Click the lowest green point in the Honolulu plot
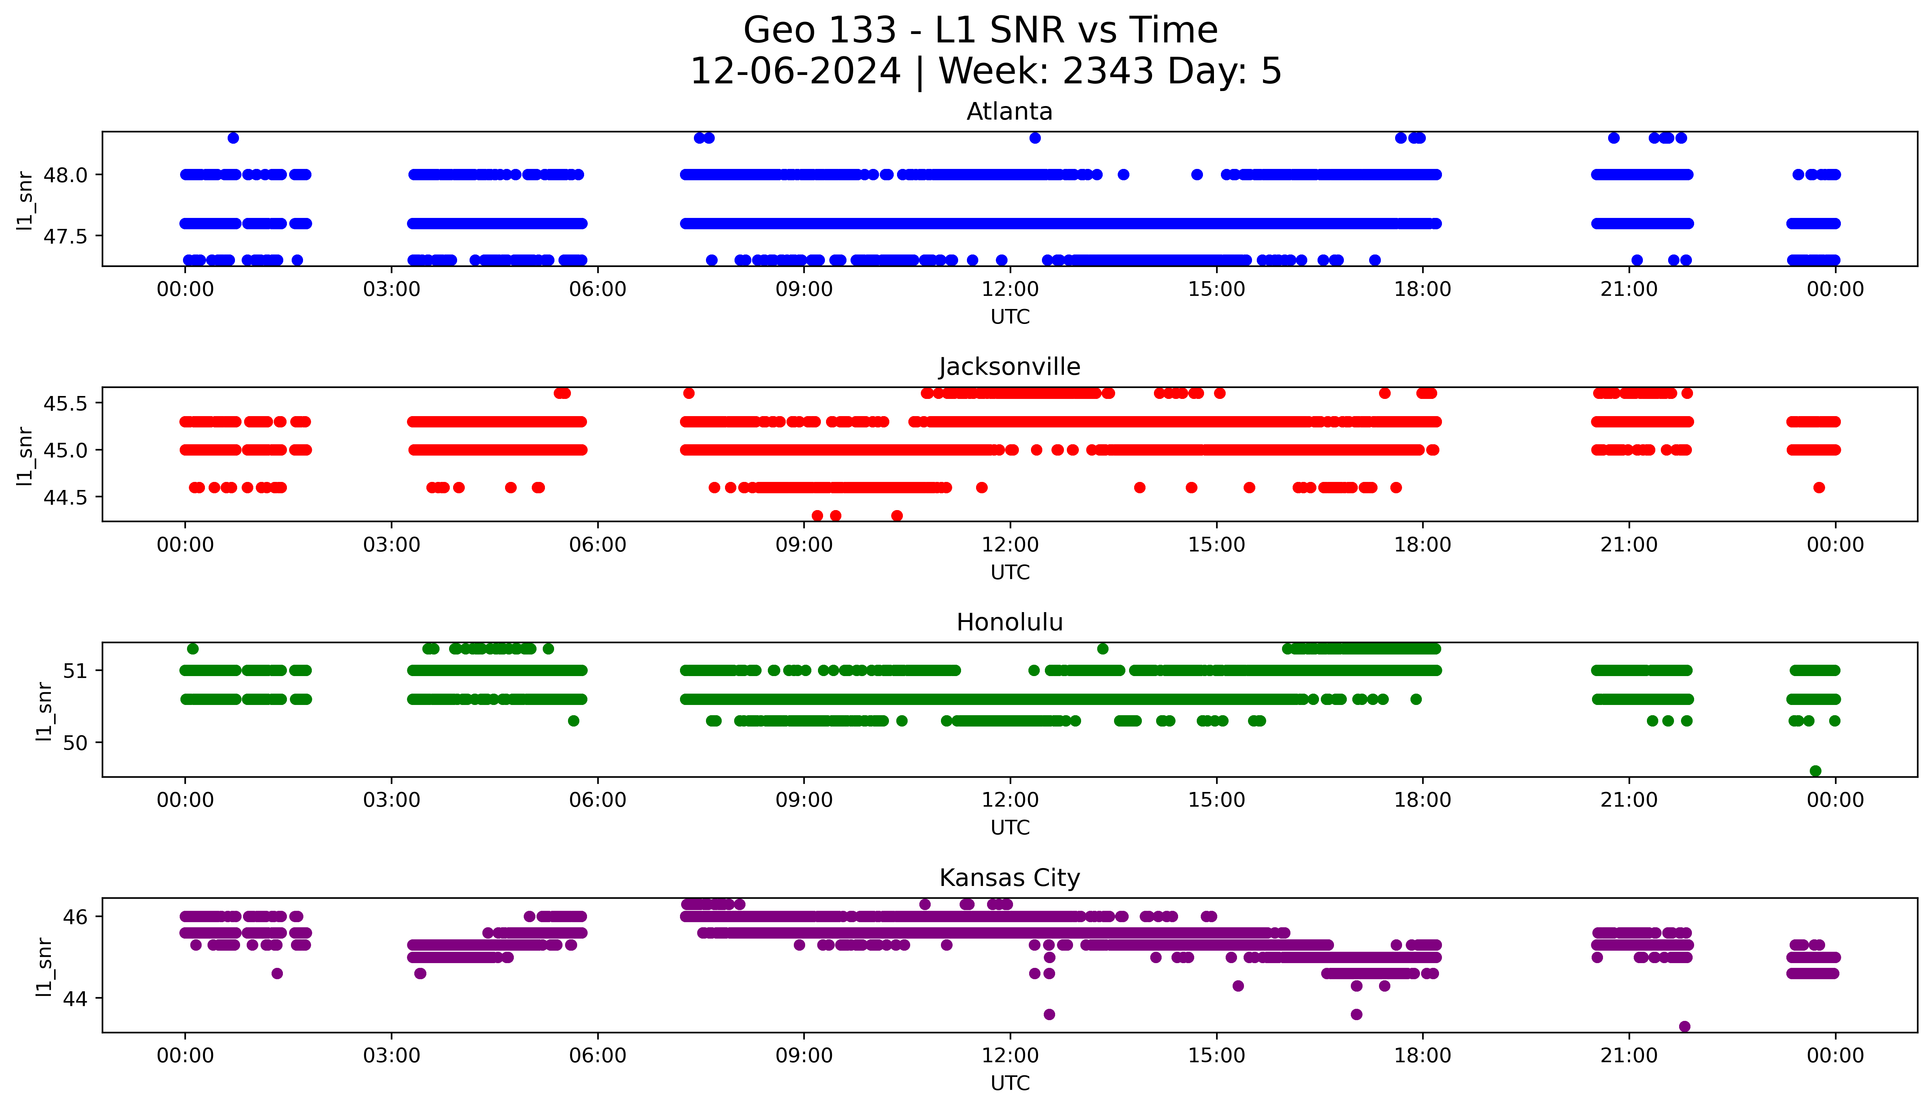click(x=1815, y=771)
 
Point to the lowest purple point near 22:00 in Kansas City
click(x=1684, y=1026)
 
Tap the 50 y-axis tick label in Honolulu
click(x=75, y=743)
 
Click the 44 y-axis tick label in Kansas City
click(x=75, y=999)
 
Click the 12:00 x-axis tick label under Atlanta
click(x=1010, y=290)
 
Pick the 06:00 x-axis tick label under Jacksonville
click(x=598, y=544)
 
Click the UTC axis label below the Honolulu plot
click(x=1010, y=827)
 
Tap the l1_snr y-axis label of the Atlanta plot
click(x=25, y=200)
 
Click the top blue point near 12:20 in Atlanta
click(x=1034, y=138)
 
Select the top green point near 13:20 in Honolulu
click(x=1102, y=649)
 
